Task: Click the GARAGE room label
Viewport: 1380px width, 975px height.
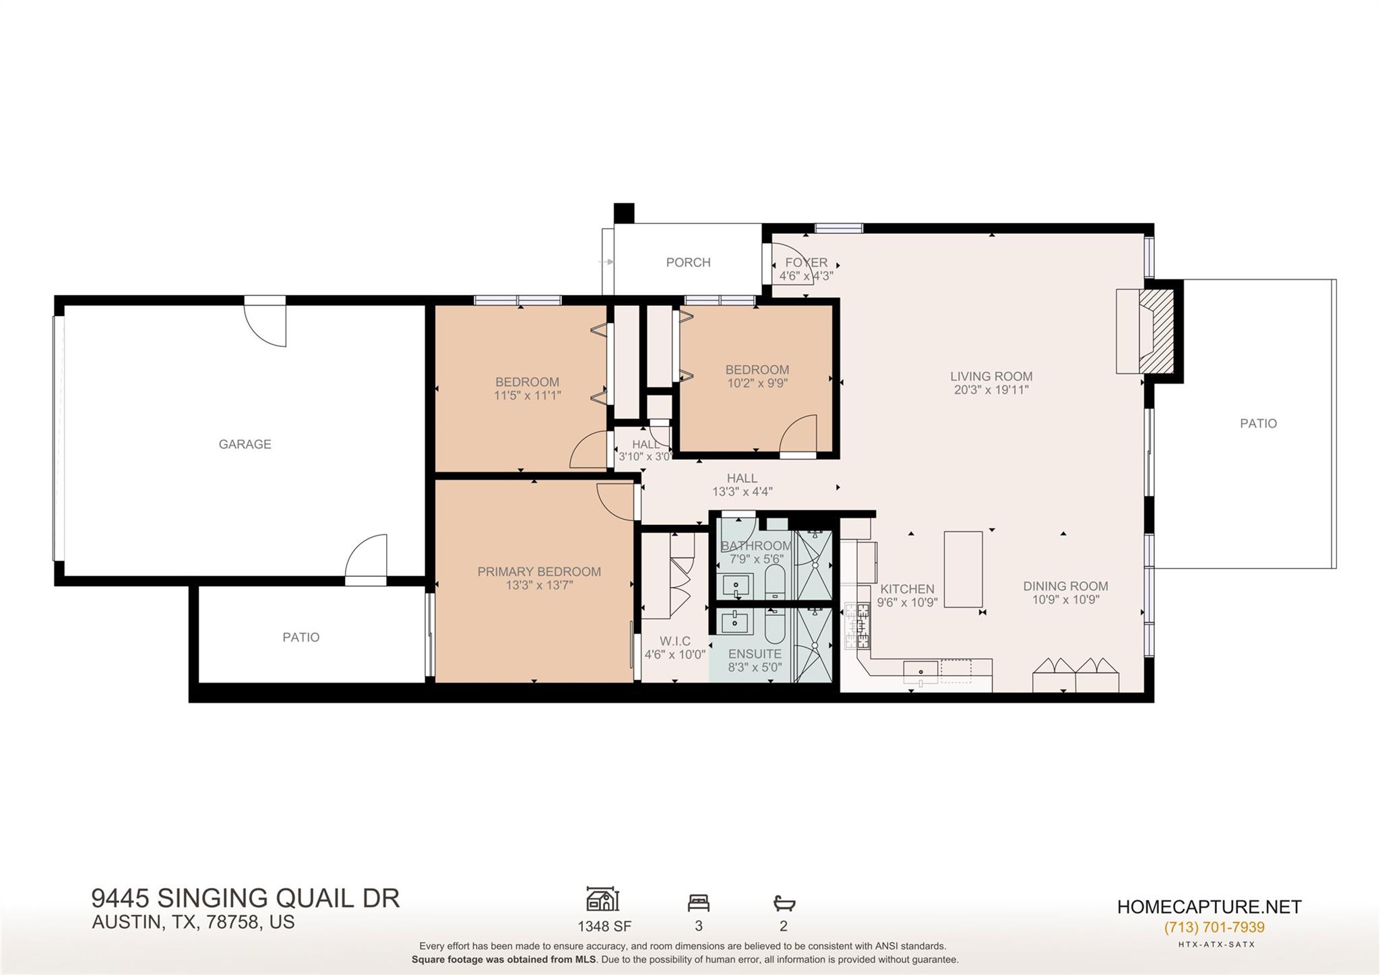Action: coord(245,444)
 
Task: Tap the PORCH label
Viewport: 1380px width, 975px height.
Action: coord(688,262)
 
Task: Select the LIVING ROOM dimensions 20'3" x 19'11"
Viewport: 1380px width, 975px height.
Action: coord(991,389)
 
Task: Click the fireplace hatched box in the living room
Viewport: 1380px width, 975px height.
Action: coord(1157,331)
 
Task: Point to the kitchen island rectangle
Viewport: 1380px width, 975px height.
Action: coord(963,569)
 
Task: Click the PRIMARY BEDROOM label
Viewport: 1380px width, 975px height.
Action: coord(539,571)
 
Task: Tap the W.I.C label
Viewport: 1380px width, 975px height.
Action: coord(675,641)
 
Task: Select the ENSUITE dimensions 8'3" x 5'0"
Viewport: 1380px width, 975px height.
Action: coord(755,668)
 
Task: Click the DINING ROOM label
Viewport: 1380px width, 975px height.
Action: coord(1065,586)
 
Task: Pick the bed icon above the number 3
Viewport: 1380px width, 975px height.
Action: coord(699,902)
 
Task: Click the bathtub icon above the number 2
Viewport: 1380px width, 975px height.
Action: coord(784,902)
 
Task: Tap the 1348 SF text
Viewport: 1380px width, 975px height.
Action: coord(604,926)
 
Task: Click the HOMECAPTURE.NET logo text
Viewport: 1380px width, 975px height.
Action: coord(1210,907)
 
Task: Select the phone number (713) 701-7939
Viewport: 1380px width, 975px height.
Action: coord(1214,927)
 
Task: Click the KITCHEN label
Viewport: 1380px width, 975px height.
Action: coord(907,589)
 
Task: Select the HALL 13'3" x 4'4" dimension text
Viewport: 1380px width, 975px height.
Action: coord(742,492)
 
